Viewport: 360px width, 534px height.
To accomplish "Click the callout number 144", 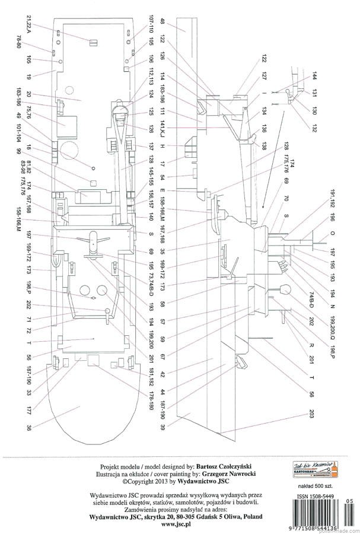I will (x=315, y=80).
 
